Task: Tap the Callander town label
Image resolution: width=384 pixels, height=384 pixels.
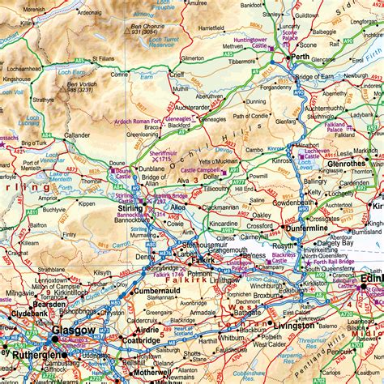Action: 77,135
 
